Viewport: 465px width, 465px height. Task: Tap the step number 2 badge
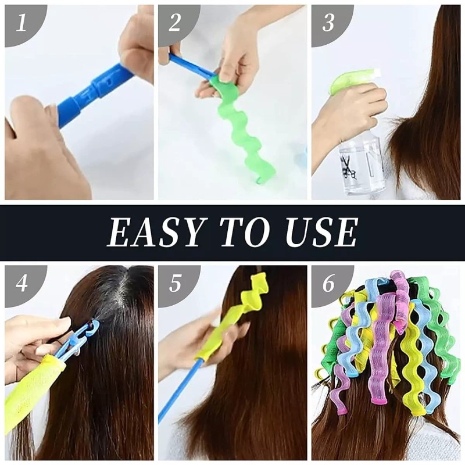(x=175, y=23)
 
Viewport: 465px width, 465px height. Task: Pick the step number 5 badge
(x=175, y=283)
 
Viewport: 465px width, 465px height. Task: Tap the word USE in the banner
(x=317, y=232)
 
